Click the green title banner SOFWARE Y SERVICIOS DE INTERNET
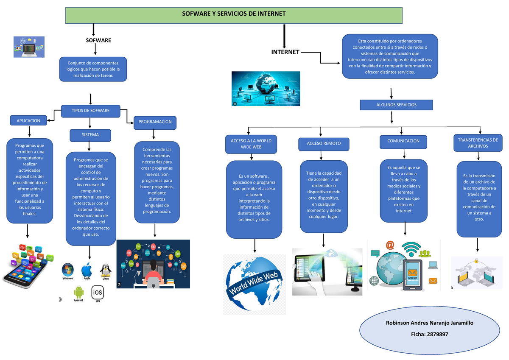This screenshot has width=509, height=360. (234, 14)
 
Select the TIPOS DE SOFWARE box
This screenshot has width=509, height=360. (90, 111)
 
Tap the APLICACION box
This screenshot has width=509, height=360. (28, 121)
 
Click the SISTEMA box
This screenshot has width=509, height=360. (90, 135)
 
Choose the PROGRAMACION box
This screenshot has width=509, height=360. (155, 122)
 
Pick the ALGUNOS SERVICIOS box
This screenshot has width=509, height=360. (396, 105)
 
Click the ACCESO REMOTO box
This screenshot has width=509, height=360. (324, 144)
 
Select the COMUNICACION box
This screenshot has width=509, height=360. (403, 141)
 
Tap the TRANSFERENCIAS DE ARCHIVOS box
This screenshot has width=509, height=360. (478, 143)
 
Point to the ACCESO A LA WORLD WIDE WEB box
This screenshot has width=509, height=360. (251, 143)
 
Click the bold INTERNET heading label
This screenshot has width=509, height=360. (285, 53)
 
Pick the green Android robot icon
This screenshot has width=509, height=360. (78, 292)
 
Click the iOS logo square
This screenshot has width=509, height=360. (98, 292)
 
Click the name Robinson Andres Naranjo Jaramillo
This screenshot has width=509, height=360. (429, 323)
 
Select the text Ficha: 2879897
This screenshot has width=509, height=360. (429, 335)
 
